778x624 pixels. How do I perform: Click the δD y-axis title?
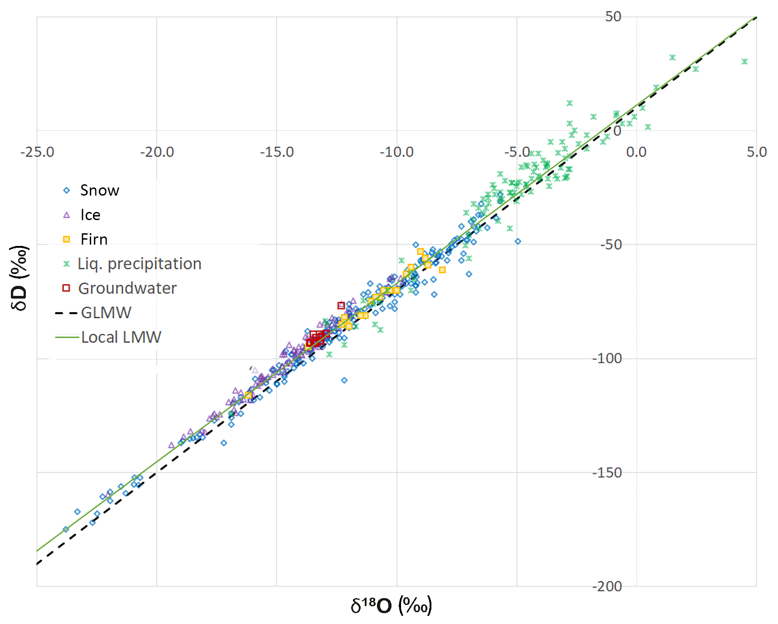click(19, 278)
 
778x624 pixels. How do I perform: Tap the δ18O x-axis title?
click(391, 605)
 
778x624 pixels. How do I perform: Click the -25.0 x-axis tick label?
click(37, 152)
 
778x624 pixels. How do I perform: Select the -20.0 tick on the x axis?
click(157, 152)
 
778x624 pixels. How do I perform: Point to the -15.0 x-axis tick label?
click(277, 152)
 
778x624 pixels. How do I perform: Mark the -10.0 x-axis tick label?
click(396, 152)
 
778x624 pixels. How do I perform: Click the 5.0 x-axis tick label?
click(757, 152)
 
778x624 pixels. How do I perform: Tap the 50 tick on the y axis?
click(613, 17)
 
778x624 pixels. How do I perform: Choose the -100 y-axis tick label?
click(607, 359)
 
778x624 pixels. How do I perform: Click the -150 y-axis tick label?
click(607, 472)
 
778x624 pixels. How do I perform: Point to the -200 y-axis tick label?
click(607, 586)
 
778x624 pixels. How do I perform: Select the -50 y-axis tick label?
click(611, 245)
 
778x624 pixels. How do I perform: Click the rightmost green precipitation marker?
click(744, 61)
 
